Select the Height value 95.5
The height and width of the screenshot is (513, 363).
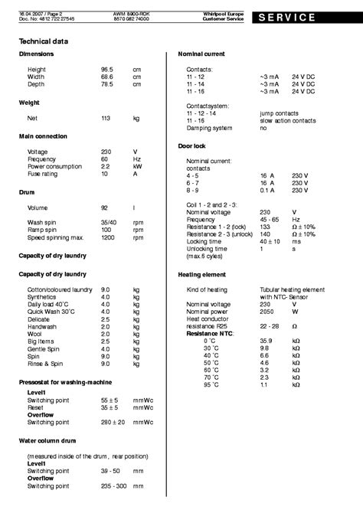pyautogui.click(x=107, y=69)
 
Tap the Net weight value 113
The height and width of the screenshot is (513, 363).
pyautogui.click(x=106, y=118)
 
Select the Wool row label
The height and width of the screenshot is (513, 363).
pyautogui.click(x=34, y=312)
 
